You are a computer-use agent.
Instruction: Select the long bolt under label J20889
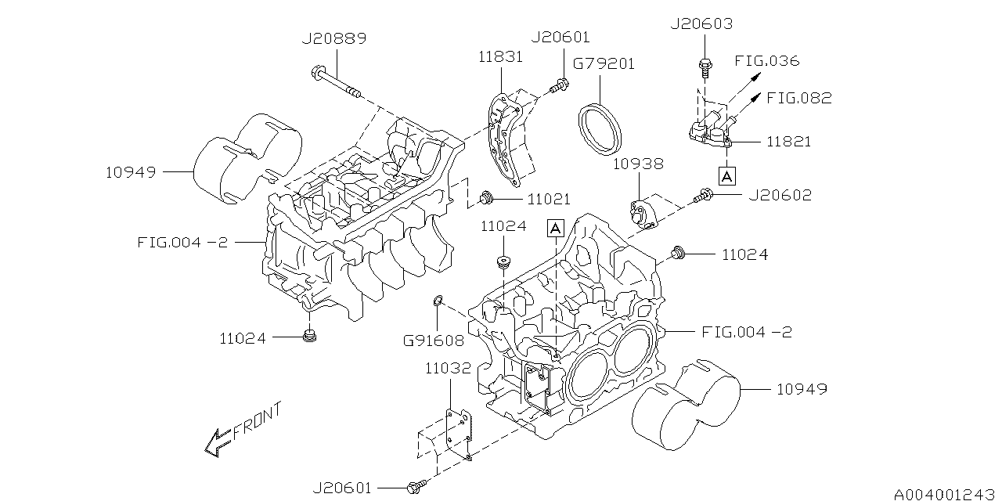coord(336,84)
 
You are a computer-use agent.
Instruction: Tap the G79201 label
coord(604,63)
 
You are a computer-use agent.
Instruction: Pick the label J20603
coord(701,24)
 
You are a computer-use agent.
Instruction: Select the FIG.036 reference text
coord(766,60)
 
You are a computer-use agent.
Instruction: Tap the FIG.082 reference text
coord(798,98)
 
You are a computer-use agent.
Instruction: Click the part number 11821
coord(788,142)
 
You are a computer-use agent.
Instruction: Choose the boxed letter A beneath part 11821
coord(727,176)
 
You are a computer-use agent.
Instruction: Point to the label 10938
coord(638,164)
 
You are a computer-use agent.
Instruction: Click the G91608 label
coord(433,341)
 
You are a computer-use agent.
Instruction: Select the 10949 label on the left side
coord(131,171)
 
